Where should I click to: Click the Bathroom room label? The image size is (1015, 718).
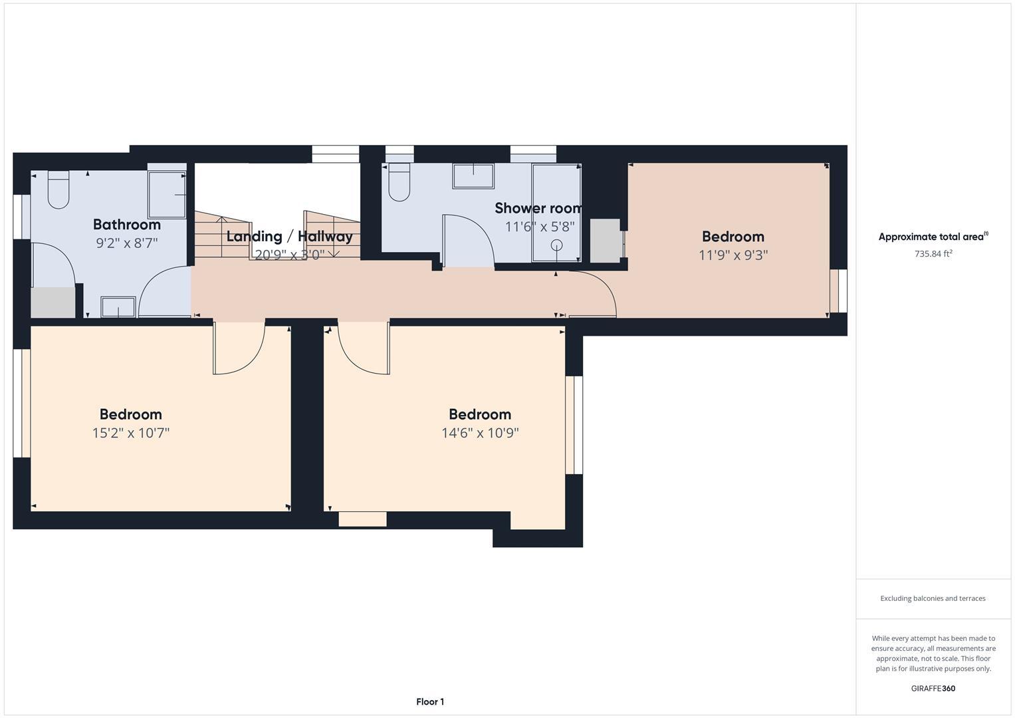pyautogui.click(x=126, y=225)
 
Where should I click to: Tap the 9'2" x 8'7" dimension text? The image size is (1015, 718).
pyautogui.click(x=126, y=243)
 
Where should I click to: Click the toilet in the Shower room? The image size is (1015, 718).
pyautogui.click(x=399, y=182)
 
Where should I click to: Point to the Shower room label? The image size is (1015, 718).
pyautogui.click(x=538, y=208)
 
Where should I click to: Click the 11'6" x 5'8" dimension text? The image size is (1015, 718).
pyautogui.click(x=539, y=227)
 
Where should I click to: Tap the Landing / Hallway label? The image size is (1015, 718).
pyautogui.click(x=289, y=236)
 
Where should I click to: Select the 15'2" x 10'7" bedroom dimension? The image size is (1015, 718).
pyautogui.click(x=131, y=433)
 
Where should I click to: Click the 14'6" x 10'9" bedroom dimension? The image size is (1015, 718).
pyautogui.click(x=480, y=433)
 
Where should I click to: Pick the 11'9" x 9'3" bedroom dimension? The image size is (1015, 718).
pyautogui.click(x=733, y=255)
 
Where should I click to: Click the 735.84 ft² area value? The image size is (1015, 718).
pyautogui.click(x=933, y=253)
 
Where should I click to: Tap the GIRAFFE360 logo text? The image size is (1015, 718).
pyautogui.click(x=933, y=688)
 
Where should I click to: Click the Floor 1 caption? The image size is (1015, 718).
pyautogui.click(x=430, y=701)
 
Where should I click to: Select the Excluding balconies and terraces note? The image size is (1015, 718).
pyautogui.click(x=933, y=598)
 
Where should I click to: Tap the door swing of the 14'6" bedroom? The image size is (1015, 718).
pyautogui.click(x=363, y=349)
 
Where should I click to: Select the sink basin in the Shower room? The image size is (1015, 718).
pyautogui.click(x=473, y=177)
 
